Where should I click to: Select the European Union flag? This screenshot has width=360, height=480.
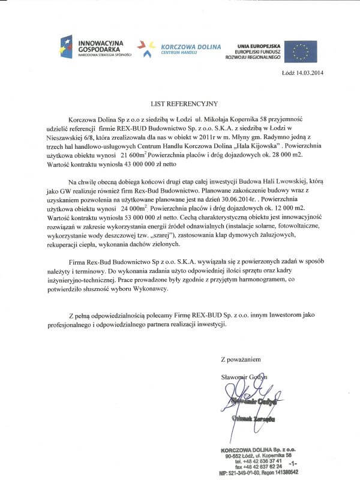305,51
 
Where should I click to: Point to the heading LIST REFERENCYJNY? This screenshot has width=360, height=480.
180,103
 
